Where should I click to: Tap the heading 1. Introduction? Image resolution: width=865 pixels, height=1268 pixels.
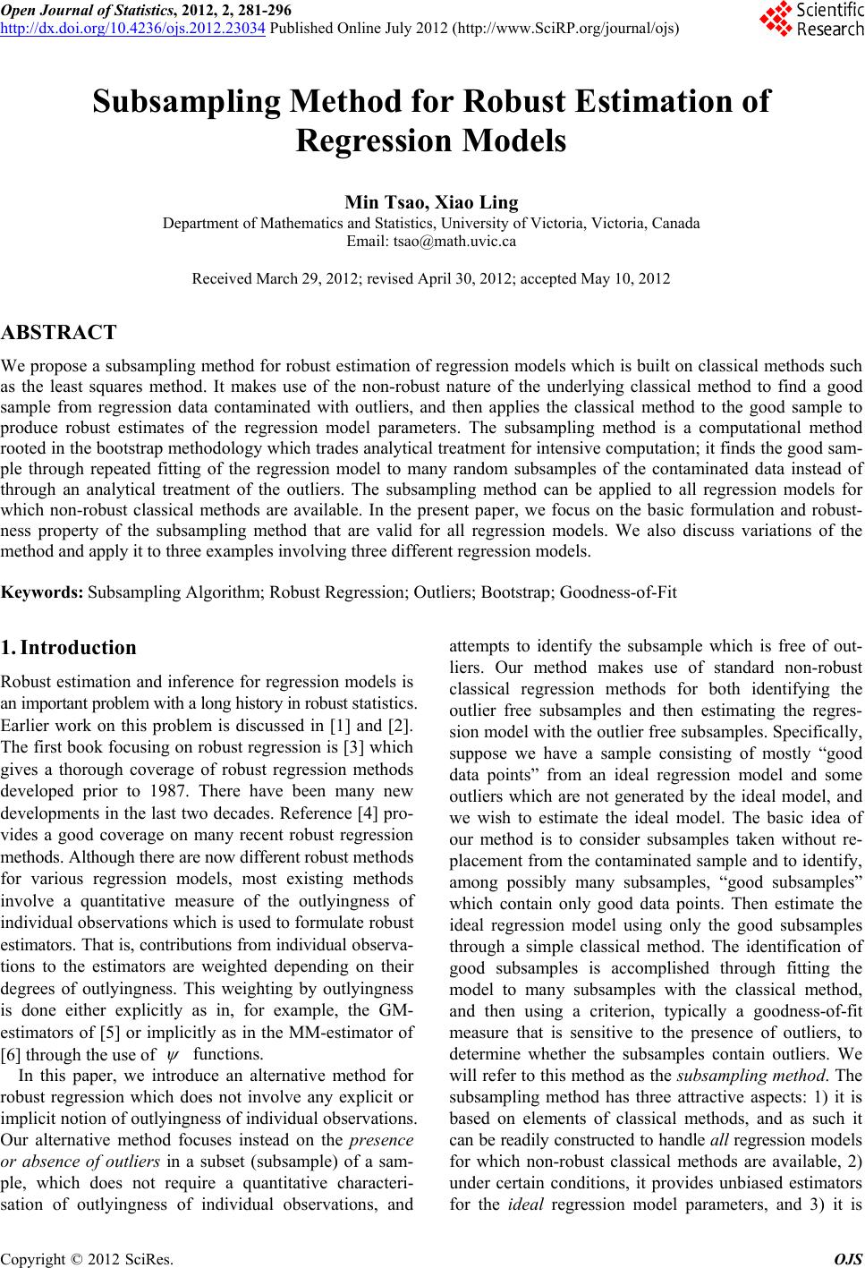click(x=69, y=647)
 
